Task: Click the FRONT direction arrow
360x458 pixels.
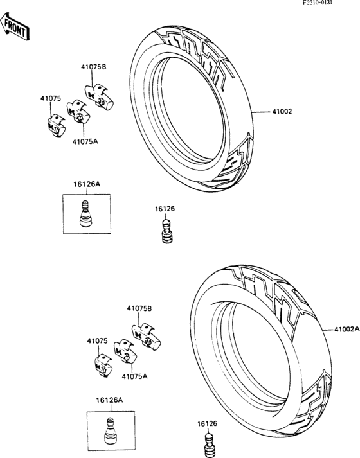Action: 15,26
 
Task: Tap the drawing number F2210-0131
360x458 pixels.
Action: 318,3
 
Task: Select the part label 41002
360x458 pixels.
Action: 282,111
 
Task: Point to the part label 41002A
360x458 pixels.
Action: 347,329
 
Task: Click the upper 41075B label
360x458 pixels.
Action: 93,67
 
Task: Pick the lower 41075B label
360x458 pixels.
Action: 139,308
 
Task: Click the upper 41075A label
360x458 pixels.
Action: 85,142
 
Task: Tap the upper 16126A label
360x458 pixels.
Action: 87,184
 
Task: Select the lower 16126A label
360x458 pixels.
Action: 109,400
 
